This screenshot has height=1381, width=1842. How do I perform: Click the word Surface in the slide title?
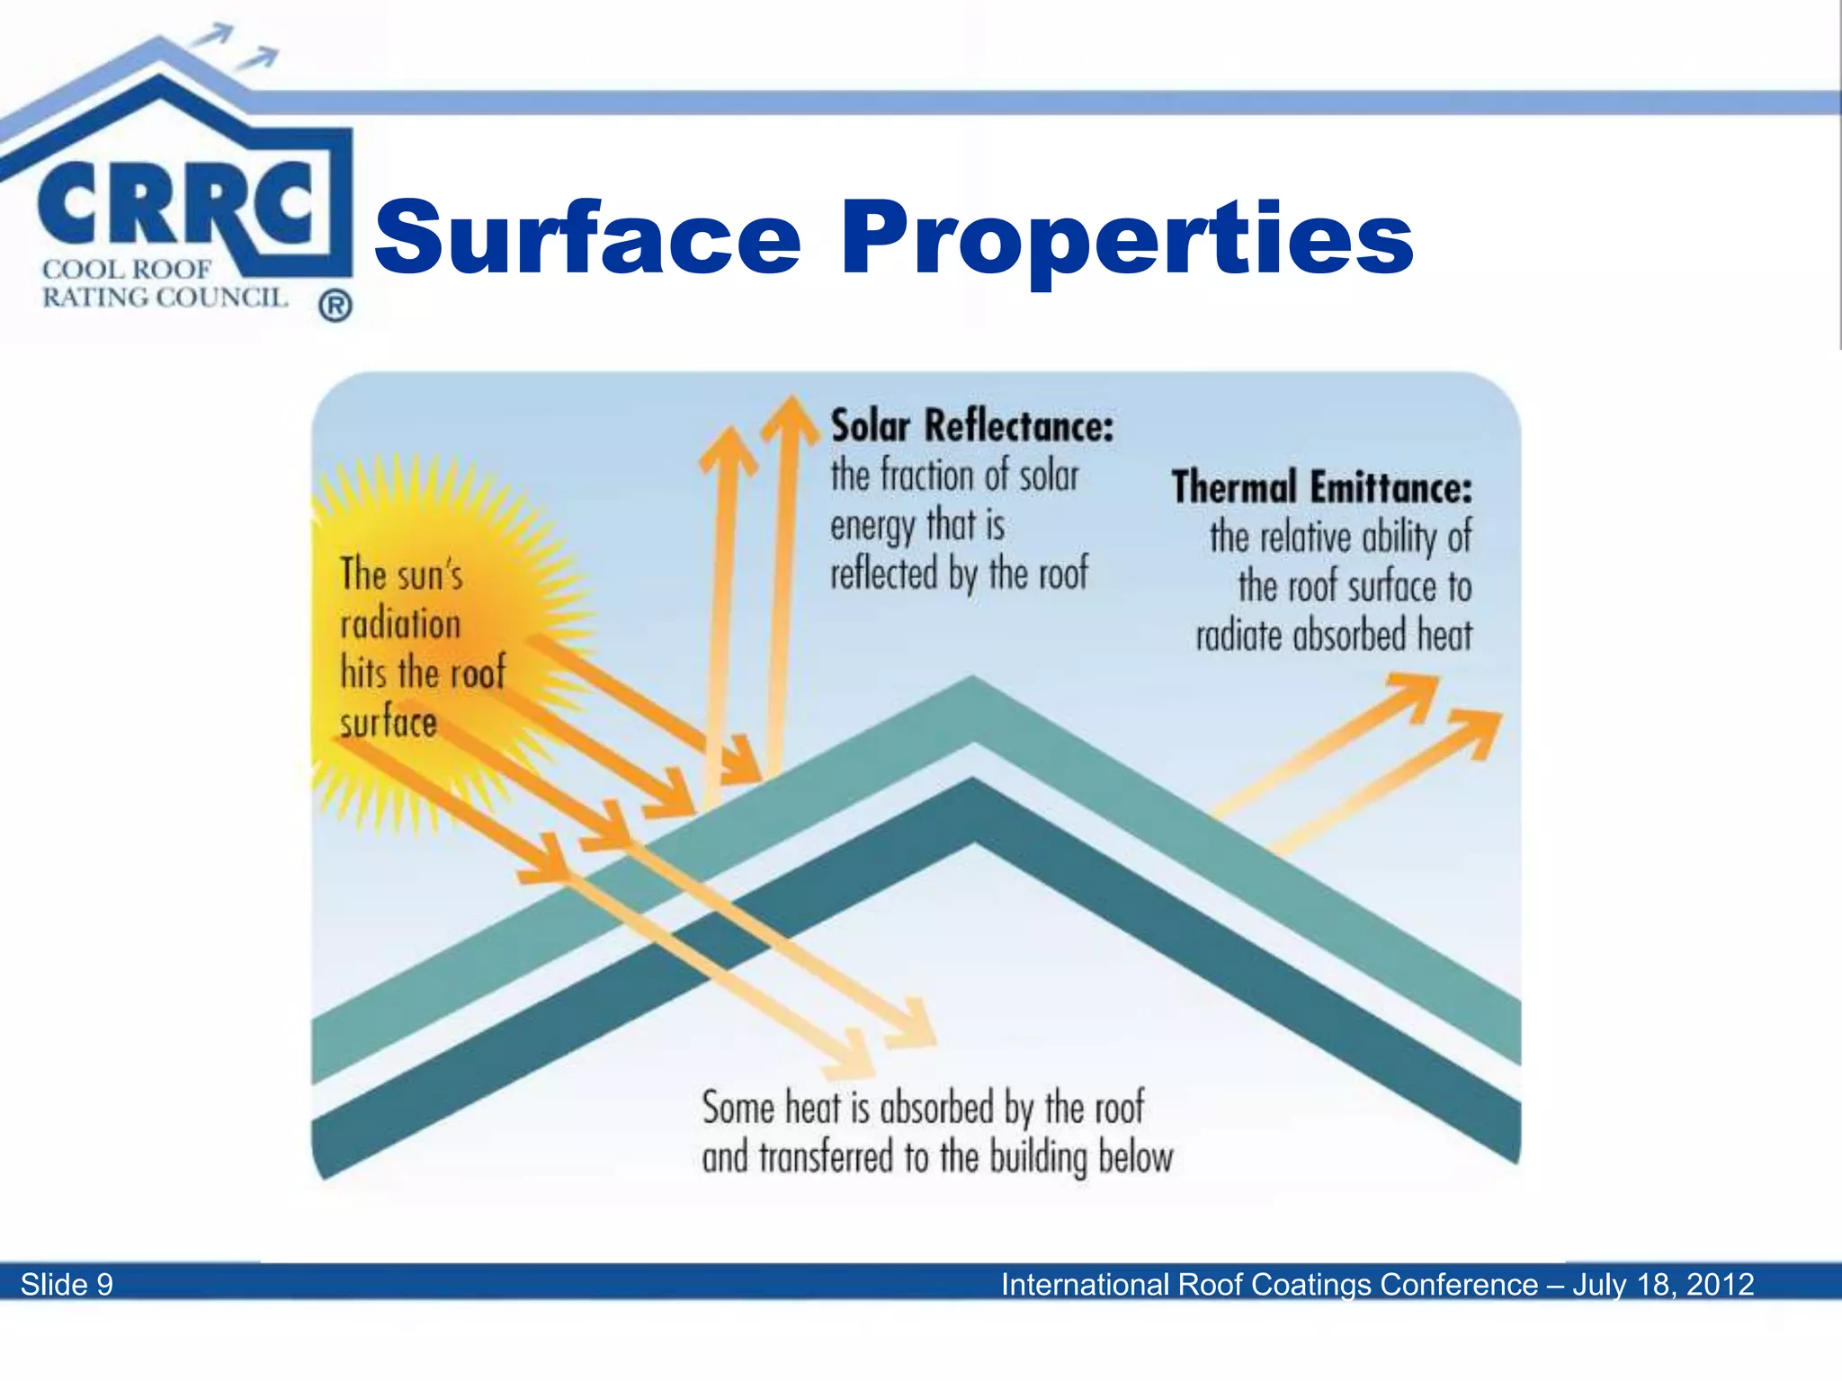click(x=586, y=237)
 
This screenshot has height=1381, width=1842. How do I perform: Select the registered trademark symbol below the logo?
click(x=335, y=307)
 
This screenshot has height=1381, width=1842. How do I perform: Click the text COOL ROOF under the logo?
click(x=126, y=269)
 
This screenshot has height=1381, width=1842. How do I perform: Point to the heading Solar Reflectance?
click(x=971, y=425)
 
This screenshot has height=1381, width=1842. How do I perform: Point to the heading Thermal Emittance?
click(x=1321, y=487)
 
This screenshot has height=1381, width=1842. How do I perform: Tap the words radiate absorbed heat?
click(x=1334, y=636)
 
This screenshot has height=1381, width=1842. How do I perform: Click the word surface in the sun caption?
click(x=389, y=723)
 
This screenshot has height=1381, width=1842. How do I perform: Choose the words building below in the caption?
click(x=1081, y=1157)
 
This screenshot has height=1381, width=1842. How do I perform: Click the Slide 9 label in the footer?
click(x=67, y=1284)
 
